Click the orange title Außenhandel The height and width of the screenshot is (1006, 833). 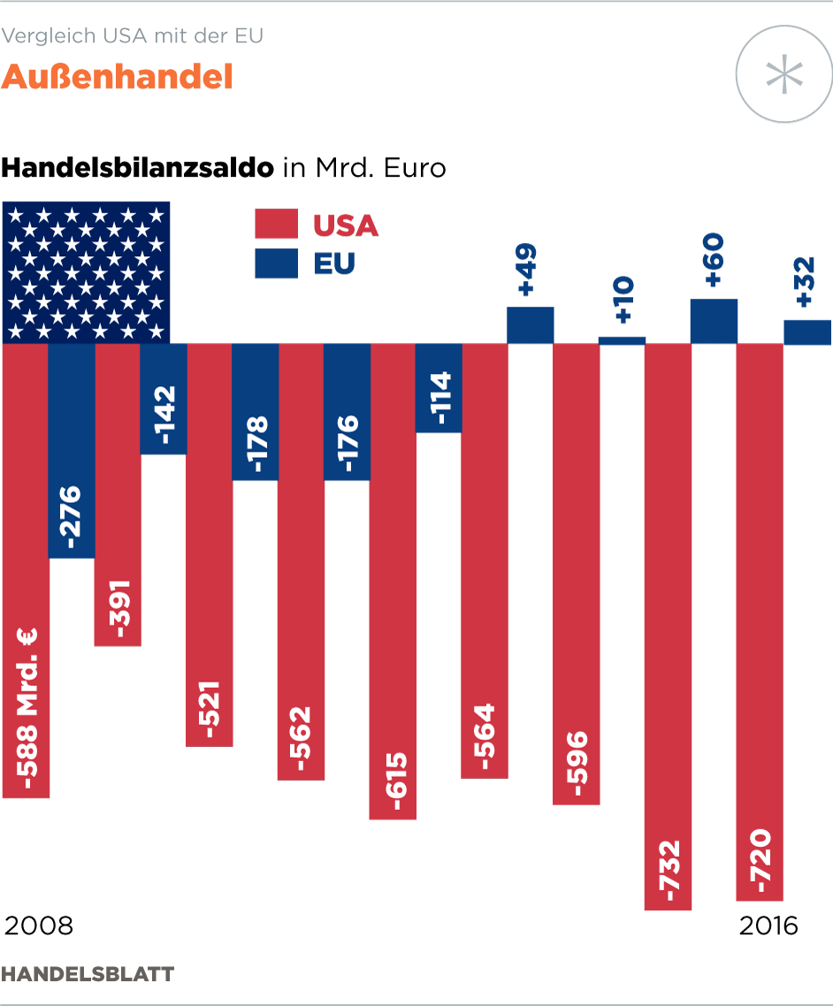click(x=117, y=78)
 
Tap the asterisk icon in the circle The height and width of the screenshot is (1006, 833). click(x=784, y=74)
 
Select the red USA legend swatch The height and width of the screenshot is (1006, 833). click(x=276, y=225)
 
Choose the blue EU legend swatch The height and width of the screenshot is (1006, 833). click(x=276, y=263)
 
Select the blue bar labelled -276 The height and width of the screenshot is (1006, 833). click(x=72, y=451)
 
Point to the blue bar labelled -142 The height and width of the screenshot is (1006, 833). click(x=164, y=399)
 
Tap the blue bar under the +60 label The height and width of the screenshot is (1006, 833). click(x=714, y=321)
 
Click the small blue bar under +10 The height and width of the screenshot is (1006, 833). click(x=622, y=340)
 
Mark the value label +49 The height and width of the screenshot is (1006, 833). click(x=529, y=271)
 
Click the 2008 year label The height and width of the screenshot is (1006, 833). click(x=39, y=926)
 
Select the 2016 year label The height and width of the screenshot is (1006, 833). click(x=768, y=926)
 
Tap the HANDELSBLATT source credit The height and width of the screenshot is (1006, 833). click(x=88, y=974)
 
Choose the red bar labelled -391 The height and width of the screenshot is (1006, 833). click(x=118, y=494)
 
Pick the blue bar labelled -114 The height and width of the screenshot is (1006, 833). click(x=439, y=388)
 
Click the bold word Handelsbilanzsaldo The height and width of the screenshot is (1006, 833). click(x=138, y=167)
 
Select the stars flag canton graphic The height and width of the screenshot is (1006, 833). click(x=87, y=272)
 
